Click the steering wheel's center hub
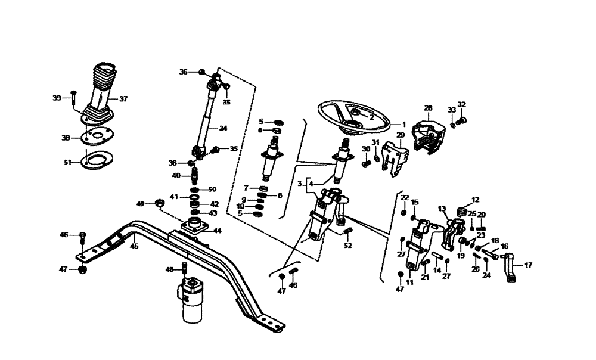click(354, 113)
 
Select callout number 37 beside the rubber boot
click(123, 99)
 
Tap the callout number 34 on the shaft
click(223, 128)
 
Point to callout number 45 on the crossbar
click(134, 245)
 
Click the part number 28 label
click(428, 108)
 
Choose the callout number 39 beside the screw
click(57, 98)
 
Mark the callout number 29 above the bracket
click(401, 135)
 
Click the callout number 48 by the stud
click(170, 269)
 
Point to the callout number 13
click(442, 209)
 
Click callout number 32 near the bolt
click(461, 104)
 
